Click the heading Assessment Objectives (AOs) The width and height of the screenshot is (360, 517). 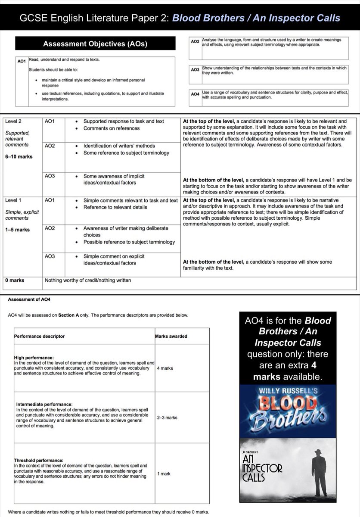(95, 44)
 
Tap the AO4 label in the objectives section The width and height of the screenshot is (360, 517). (195, 94)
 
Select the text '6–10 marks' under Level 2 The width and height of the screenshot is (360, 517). (19, 157)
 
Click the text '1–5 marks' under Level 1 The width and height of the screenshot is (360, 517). (17, 230)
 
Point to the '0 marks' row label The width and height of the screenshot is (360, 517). (15, 280)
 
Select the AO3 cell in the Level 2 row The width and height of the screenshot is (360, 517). (50, 176)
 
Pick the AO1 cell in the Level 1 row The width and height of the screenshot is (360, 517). (50, 200)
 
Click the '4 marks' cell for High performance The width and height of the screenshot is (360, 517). (165, 368)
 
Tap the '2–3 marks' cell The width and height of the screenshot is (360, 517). (167, 417)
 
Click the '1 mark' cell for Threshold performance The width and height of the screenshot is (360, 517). (164, 473)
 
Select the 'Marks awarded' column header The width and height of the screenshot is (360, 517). (171, 336)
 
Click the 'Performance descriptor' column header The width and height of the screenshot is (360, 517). (40, 336)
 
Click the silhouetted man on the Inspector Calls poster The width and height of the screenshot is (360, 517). (319, 472)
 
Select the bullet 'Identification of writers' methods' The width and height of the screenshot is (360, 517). (119, 146)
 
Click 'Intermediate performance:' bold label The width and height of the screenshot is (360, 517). (44, 404)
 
